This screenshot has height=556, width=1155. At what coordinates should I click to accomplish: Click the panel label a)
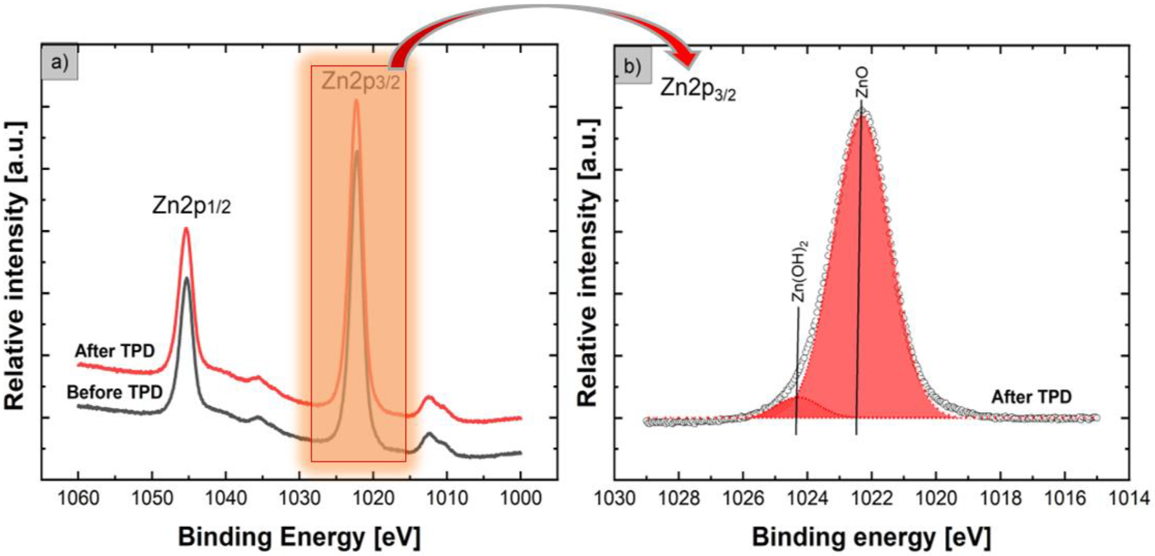(x=60, y=62)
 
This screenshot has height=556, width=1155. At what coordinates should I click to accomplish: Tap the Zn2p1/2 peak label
(x=191, y=206)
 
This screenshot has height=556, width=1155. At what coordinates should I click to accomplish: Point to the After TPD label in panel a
(x=115, y=351)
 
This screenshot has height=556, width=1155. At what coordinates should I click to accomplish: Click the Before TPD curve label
(x=115, y=393)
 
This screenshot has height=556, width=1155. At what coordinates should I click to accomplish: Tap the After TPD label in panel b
(x=1031, y=397)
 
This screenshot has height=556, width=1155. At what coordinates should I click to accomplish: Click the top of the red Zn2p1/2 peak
(x=186, y=229)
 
